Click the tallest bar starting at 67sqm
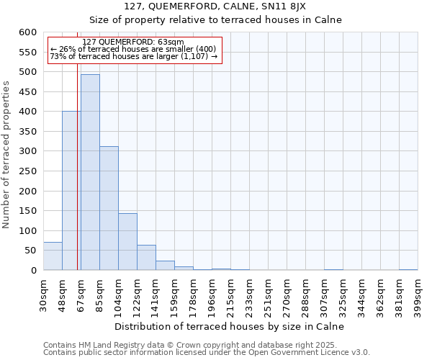point(90,173)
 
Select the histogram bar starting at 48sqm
point(71,191)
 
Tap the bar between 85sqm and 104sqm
point(109,209)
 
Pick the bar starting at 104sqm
point(127,242)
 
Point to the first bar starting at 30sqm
point(53,256)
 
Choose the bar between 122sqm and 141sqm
point(146,258)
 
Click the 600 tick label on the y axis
point(27,32)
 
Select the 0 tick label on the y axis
point(33,271)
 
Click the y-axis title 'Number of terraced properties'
point(6,155)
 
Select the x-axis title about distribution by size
point(229,326)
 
